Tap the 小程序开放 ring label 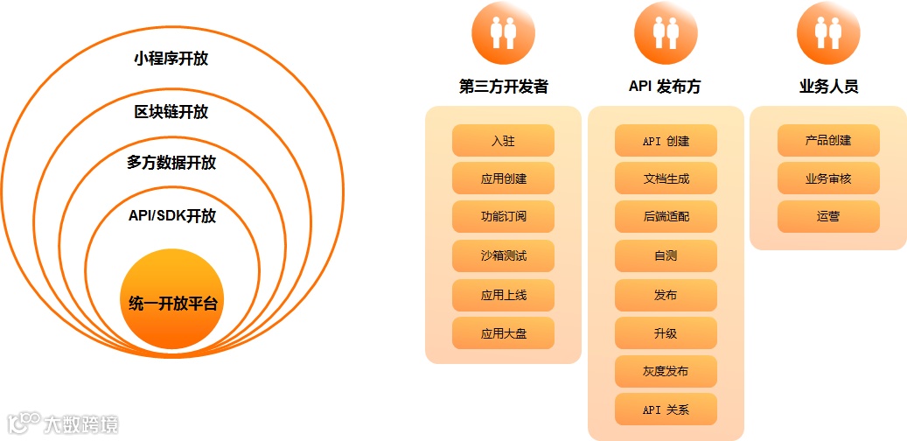[x=171, y=59]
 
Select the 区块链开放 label [x=171, y=112]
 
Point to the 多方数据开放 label [x=171, y=163]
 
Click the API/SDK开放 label [x=172, y=215]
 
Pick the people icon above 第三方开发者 [x=503, y=31]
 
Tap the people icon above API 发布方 [x=666, y=31]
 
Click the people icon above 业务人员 [x=828, y=31]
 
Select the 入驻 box [x=503, y=140]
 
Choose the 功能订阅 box [x=503, y=217]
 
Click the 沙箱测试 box [x=503, y=256]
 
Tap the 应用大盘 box [x=503, y=333]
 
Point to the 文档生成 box [x=666, y=178]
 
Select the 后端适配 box [x=666, y=217]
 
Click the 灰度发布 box [x=666, y=371]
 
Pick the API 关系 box [x=666, y=409]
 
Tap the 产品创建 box [x=828, y=140]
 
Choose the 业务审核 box [x=828, y=178]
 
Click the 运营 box [x=828, y=217]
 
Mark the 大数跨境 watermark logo [x=63, y=423]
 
